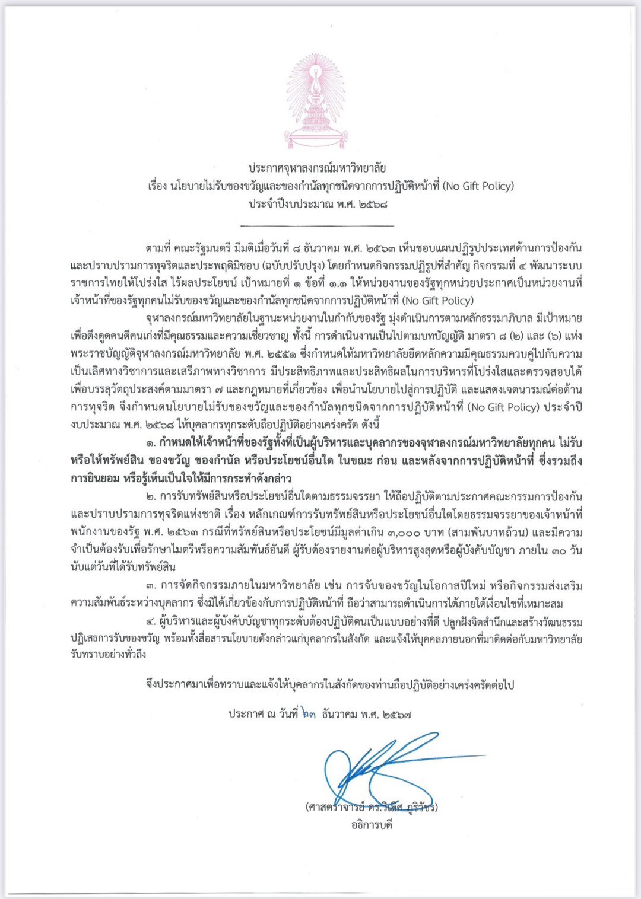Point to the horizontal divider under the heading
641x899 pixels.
click(317, 226)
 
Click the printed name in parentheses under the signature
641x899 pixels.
click(372, 807)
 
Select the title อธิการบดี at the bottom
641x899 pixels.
click(372, 825)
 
